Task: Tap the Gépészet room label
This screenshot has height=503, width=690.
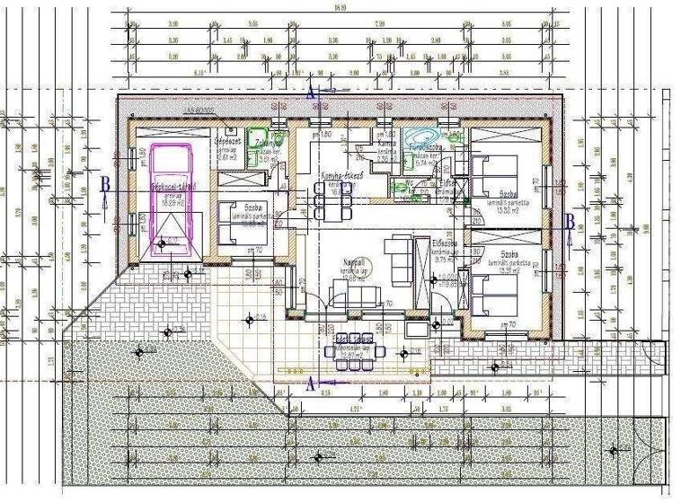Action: click(225, 141)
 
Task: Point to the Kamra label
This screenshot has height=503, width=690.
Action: click(387, 143)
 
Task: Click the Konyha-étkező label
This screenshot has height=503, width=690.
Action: click(341, 177)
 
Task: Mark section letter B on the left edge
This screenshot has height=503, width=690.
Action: click(106, 184)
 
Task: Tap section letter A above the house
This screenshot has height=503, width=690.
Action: click(311, 92)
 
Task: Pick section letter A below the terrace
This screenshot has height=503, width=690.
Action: click(312, 384)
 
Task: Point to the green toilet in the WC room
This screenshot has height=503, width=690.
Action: click(396, 189)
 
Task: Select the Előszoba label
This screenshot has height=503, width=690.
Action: click(447, 243)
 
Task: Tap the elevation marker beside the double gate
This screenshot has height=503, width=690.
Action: click(613, 450)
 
